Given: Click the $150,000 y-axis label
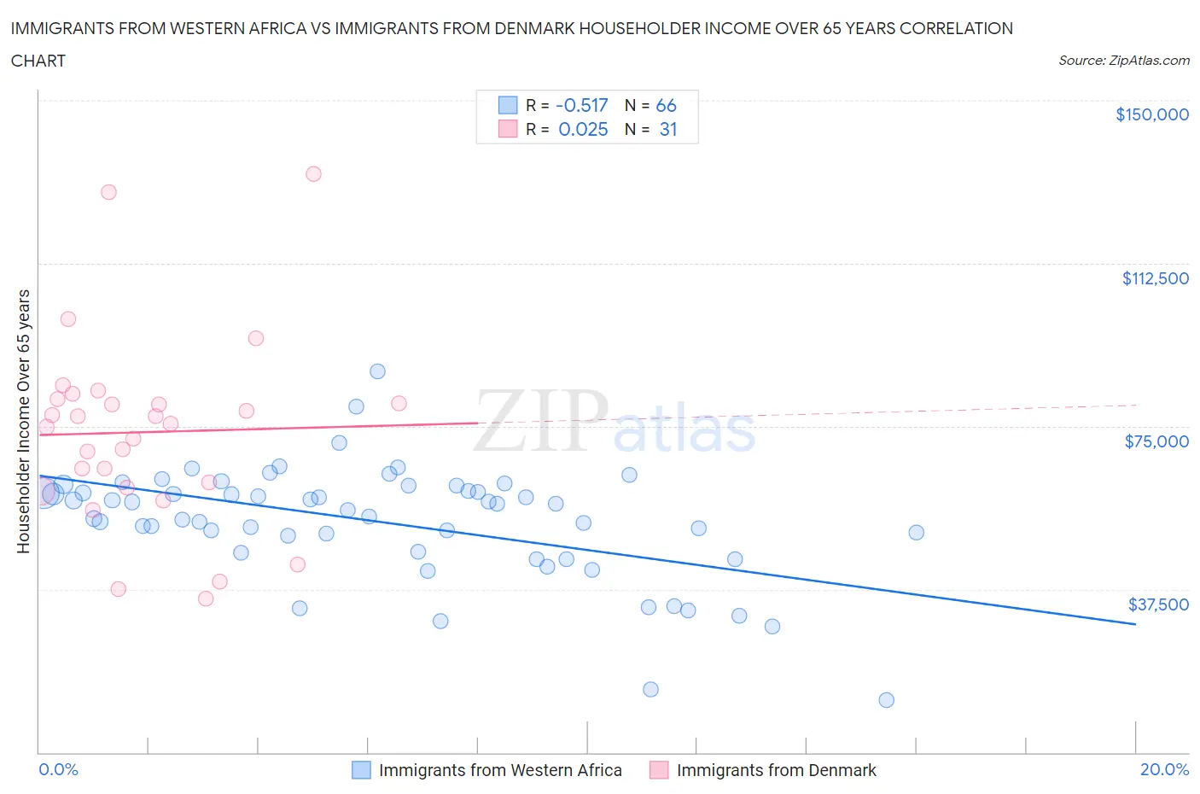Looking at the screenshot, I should (x=1151, y=114).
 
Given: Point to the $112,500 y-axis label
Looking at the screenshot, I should (x=1155, y=278).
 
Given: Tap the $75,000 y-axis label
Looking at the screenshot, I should (x=1156, y=441).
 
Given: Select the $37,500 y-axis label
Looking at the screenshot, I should (x=1157, y=604).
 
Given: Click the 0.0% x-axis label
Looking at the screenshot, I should (x=58, y=769).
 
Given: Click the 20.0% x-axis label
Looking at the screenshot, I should (x=1164, y=769).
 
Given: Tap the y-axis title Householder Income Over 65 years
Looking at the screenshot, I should (x=24, y=421).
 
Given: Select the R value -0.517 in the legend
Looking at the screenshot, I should (x=581, y=105).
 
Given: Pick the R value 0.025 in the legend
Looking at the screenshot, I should (x=583, y=129).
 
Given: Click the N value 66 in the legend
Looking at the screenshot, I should (x=666, y=105).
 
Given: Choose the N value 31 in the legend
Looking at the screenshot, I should (x=667, y=129).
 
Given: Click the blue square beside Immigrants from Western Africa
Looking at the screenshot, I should (x=361, y=770).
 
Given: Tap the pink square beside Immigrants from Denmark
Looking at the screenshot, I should (x=658, y=770).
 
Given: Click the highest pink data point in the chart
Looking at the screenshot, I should (x=313, y=173).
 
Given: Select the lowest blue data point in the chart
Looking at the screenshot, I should (x=886, y=700).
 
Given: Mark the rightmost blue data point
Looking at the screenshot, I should (x=916, y=533).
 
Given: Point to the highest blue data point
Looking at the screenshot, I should (x=377, y=371).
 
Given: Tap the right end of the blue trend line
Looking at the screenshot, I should (x=1135, y=624).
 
